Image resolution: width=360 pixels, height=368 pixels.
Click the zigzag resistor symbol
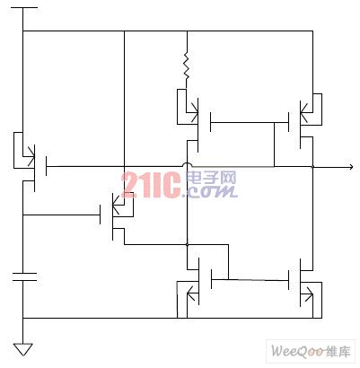click(x=187, y=66)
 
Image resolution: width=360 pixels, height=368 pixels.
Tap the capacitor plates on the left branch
click(x=24, y=276)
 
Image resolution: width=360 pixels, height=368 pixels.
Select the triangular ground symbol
click(x=22, y=349)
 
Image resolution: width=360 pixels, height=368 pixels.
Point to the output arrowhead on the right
click(x=350, y=167)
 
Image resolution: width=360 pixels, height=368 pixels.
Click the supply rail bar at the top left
click(x=22, y=7)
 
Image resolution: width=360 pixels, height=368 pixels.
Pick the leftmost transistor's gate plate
click(x=46, y=166)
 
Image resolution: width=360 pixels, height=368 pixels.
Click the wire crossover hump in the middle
click(x=187, y=164)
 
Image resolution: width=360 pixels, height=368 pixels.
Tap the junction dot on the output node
click(x=312, y=167)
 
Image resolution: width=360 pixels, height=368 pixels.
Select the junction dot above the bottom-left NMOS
click(x=187, y=245)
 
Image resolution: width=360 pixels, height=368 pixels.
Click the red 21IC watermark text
click(x=151, y=185)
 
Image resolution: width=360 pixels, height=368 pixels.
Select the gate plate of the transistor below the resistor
click(x=211, y=122)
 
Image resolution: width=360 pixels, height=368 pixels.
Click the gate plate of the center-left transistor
click(x=100, y=215)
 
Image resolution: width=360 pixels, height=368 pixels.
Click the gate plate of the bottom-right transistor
click(x=289, y=280)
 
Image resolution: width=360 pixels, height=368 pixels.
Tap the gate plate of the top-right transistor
click(x=288, y=122)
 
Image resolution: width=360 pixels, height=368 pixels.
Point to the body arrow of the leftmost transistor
click(x=30, y=156)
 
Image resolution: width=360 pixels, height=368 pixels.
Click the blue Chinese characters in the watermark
click(x=211, y=179)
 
